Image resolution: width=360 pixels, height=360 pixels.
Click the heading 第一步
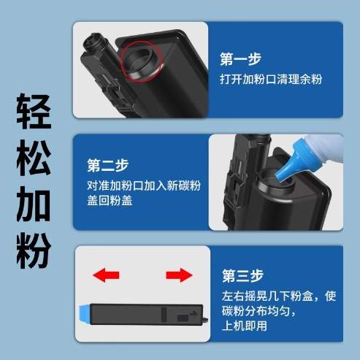pos(240,59)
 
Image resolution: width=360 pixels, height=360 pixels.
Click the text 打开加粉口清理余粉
pos(270,78)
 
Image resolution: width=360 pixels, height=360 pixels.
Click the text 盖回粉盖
pos(106,201)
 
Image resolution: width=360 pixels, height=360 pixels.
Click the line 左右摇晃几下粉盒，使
pos(278,297)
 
